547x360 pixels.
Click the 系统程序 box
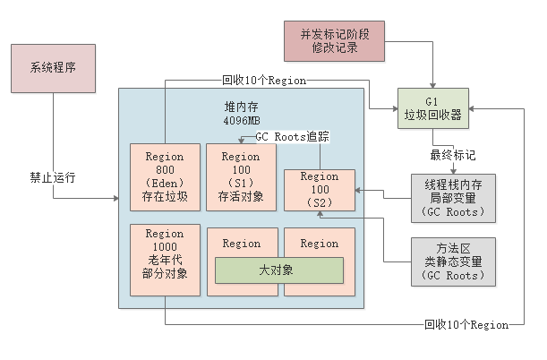(52, 67)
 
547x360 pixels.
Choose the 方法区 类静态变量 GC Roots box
(453, 261)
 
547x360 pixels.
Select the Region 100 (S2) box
(319, 190)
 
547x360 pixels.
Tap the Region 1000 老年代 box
(164, 260)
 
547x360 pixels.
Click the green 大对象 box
(278, 270)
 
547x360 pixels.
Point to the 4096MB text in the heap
(242, 120)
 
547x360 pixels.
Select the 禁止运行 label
(52, 177)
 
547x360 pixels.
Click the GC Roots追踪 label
(292, 137)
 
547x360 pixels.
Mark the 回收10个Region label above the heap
(264, 80)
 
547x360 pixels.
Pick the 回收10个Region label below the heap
(465, 323)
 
